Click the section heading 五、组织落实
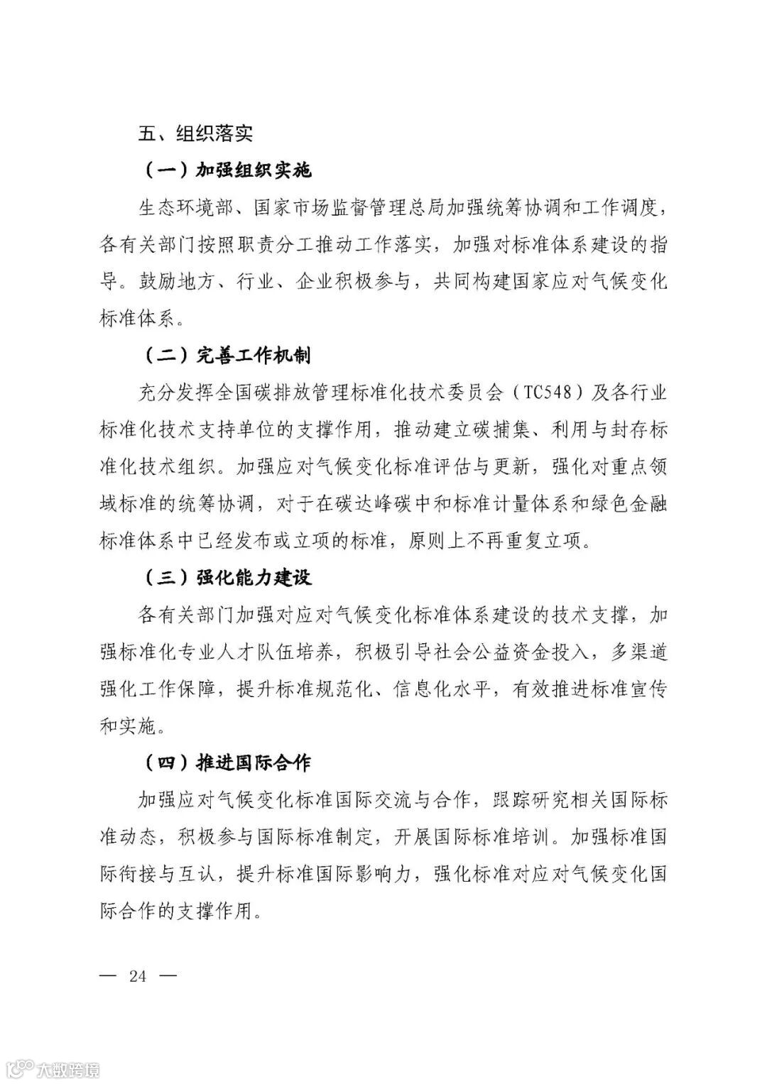coord(196,133)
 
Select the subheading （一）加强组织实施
coord(227,171)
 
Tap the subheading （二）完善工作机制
coord(227,355)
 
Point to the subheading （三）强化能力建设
coord(227,577)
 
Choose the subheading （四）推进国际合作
coord(227,762)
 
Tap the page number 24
coord(138,976)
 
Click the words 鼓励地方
coord(168,282)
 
